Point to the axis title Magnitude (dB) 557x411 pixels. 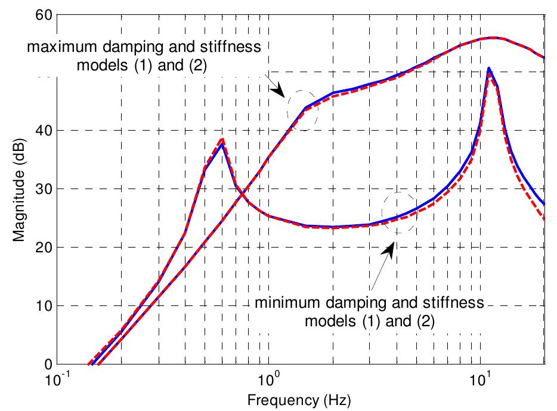[20, 189]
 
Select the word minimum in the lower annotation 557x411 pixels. [280, 303]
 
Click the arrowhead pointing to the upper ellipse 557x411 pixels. [277, 91]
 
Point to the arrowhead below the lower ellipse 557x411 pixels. [390, 249]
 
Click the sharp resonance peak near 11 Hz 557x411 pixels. [489, 69]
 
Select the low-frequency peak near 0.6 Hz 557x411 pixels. [222, 141]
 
